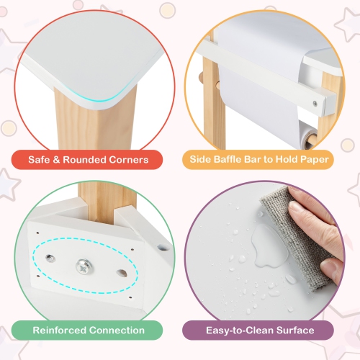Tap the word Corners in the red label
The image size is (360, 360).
pos(127,159)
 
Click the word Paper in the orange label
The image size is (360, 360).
pos(313,159)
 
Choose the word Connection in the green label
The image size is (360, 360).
pos(119,330)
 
